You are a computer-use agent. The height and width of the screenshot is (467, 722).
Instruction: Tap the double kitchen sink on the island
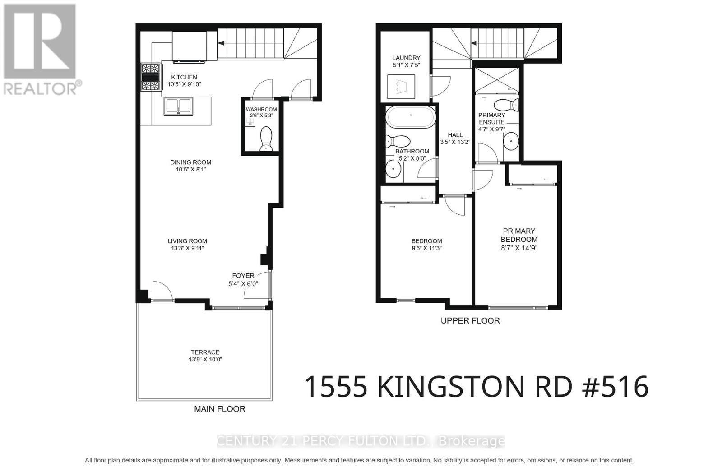click(x=179, y=107)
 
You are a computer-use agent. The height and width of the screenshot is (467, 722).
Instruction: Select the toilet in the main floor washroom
click(x=267, y=138)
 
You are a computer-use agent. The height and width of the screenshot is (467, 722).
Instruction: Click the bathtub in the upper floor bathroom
click(x=411, y=117)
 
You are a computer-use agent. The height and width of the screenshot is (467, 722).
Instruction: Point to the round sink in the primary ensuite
click(x=511, y=141)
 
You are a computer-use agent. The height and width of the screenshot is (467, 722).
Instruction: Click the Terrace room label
click(x=205, y=352)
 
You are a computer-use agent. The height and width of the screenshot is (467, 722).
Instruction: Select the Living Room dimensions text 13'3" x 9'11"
click(x=187, y=248)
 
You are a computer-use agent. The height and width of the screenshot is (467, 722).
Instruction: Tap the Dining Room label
click(x=190, y=162)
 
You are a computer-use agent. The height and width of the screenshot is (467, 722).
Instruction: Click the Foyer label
click(x=243, y=276)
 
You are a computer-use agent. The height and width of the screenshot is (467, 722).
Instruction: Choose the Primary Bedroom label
click(x=519, y=235)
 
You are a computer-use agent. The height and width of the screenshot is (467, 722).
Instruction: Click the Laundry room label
click(x=406, y=58)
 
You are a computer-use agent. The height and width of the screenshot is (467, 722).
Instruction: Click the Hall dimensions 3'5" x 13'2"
click(x=455, y=142)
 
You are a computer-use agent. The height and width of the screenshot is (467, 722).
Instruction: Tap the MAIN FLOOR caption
click(x=219, y=409)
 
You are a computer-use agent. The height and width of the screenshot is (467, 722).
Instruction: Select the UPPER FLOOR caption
click(x=470, y=321)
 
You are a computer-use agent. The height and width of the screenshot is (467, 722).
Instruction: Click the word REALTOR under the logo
click(x=41, y=88)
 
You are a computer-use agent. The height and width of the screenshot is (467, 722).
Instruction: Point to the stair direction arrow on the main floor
click(x=222, y=43)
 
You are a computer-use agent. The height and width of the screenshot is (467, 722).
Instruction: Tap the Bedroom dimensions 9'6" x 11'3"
click(x=426, y=248)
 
